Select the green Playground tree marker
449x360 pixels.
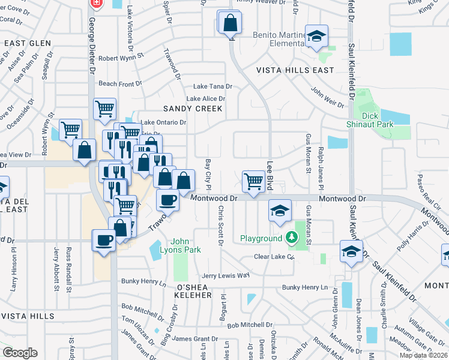tap(292, 238)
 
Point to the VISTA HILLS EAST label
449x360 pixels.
tap(295, 70)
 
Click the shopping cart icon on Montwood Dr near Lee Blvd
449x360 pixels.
tap(254, 181)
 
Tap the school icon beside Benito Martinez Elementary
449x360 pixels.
tap(316, 36)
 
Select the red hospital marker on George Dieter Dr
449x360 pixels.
tap(95, 3)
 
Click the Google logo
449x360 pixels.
tap(20, 353)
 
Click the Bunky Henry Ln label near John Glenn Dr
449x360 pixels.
tap(307, 287)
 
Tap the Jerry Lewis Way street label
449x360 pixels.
tap(225, 275)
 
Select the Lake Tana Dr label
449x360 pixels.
tap(212, 87)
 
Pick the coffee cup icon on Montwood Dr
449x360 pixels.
tap(167, 200)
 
